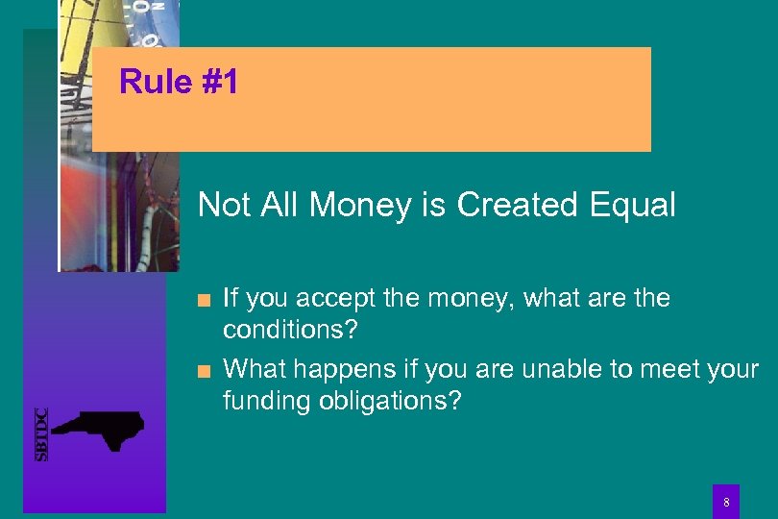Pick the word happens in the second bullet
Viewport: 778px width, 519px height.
[x=333, y=369]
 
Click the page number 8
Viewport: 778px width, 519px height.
[x=726, y=502]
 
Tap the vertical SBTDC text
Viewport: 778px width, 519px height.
[x=41, y=434]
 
